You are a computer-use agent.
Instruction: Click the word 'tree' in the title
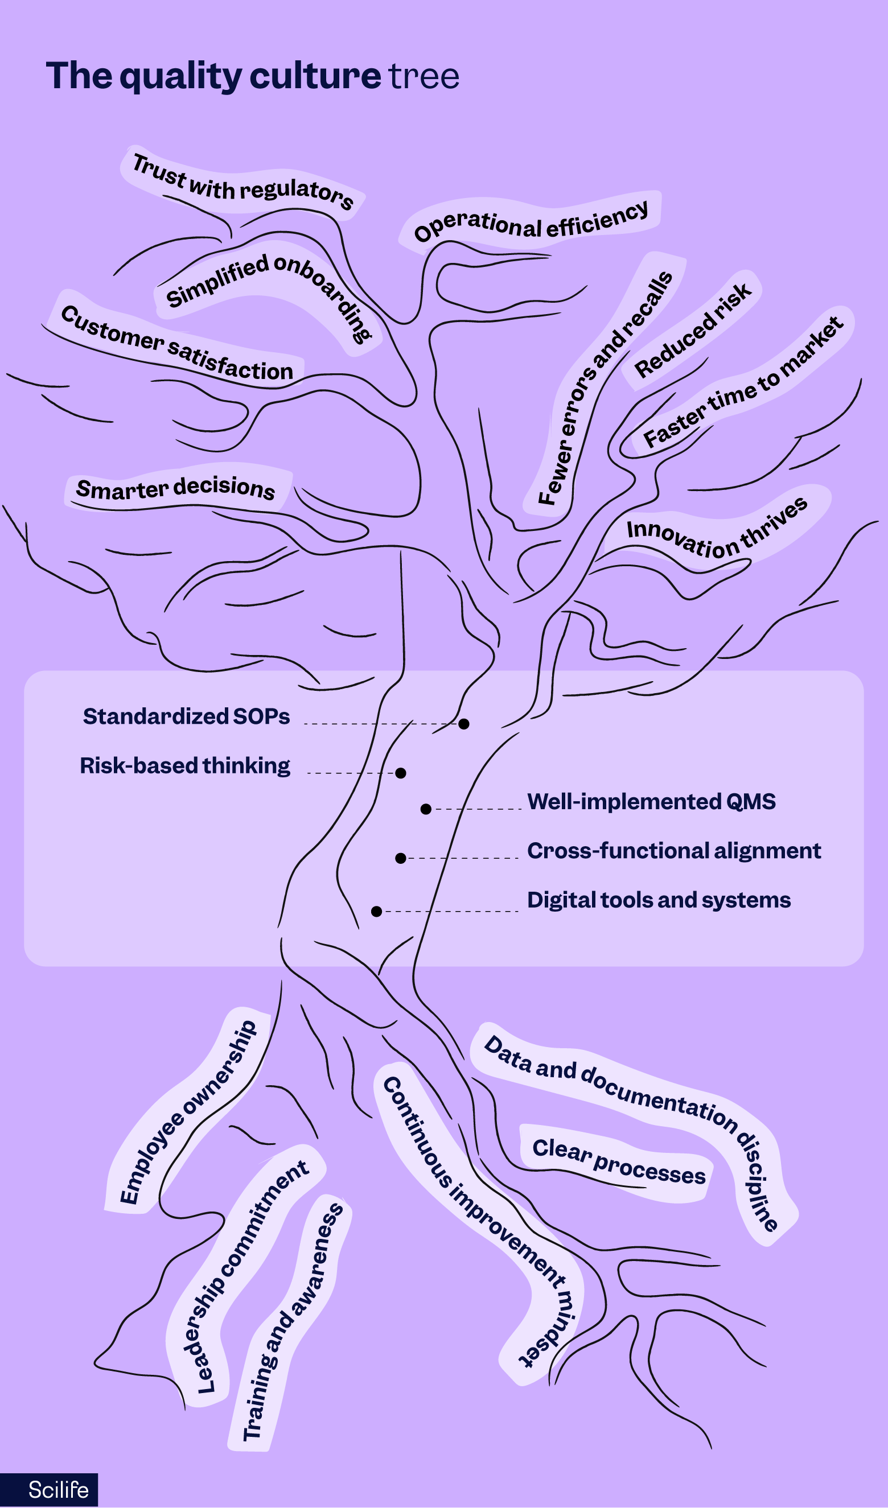click(424, 77)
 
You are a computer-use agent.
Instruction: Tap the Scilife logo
click(58, 1489)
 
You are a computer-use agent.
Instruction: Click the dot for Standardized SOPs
click(463, 724)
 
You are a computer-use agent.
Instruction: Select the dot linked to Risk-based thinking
click(401, 773)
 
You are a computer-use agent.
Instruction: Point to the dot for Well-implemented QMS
click(426, 809)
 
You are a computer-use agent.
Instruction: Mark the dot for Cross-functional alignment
click(401, 858)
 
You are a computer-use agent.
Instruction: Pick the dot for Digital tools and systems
click(376, 912)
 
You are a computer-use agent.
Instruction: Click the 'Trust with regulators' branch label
click(242, 182)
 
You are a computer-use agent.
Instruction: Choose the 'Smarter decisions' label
click(175, 488)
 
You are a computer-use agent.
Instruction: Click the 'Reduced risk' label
click(692, 331)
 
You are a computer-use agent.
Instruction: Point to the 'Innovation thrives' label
click(717, 530)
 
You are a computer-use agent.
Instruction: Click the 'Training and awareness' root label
click(293, 1322)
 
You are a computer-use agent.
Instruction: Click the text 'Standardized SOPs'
click(186, 716)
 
